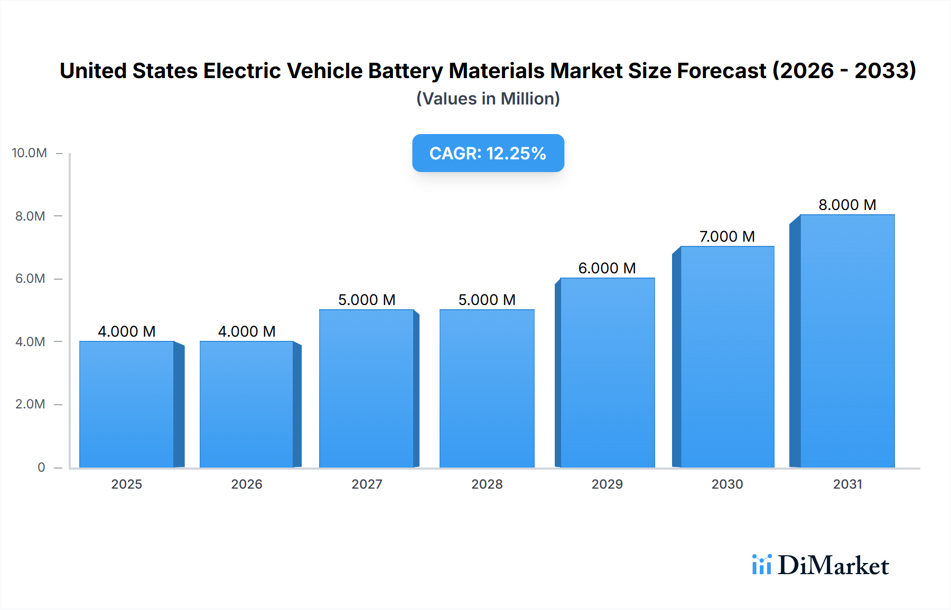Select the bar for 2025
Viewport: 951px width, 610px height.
coord(127,404)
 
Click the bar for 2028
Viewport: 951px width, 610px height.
coord(487,388)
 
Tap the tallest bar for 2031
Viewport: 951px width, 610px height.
coord(847,341)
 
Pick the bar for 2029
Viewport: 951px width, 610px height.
coord(607,373)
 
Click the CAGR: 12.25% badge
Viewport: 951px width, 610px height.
coord(488,153)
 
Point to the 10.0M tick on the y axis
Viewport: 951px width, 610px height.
coord(30,153)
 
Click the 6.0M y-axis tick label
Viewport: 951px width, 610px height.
coord(30,279)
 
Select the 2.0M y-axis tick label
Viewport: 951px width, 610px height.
coord(30,404)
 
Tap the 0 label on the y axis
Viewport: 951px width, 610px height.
coord(41,468)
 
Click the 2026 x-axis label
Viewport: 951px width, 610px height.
coord(247,484)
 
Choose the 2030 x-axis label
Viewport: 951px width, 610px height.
coord(727,484)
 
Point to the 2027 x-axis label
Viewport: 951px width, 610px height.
coord(367,484)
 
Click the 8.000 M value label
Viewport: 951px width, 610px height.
coord(847,205)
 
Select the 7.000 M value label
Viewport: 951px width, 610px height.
coord(727,236)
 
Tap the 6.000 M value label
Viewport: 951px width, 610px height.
coord(607,268)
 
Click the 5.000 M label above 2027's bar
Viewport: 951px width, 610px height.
coord(367,300)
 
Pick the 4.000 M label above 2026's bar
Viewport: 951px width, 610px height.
coord(247,331)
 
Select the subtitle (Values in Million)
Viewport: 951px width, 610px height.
coord(488,99)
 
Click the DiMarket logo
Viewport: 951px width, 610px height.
coord(821,565)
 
